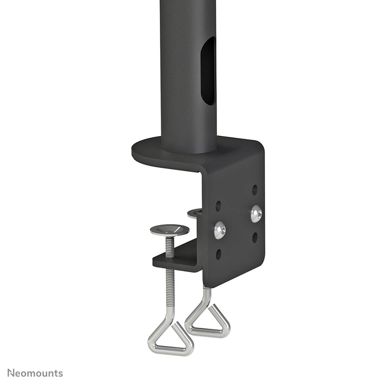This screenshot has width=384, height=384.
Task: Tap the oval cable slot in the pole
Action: (208, 71)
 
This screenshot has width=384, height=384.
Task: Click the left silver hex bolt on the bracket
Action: (220, 230)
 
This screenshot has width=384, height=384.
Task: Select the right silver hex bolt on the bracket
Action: (256, 214)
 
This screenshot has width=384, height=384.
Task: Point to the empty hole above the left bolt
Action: (218, 205)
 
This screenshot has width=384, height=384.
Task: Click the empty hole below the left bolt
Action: (219, 254)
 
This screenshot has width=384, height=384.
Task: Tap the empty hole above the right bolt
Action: (255, 190)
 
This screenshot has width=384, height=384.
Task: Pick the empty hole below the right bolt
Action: (255, 237)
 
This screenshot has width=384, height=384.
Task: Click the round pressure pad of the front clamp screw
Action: (169, 230)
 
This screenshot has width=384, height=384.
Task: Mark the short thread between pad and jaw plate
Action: (169, 245)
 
